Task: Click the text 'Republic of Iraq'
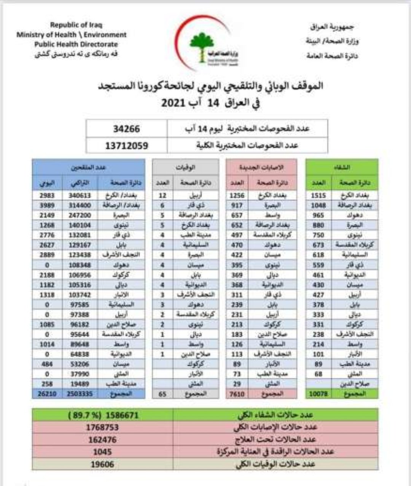click(x=76, y=25)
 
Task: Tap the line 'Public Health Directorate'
click(x=76, y=44)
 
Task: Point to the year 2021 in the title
click(x=174, y=103)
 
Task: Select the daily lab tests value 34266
click(x=126, y=129)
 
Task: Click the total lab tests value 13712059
click(x=126, y=146)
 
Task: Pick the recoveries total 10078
click(x=319, y=394)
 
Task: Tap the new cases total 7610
click(x=237, y=394)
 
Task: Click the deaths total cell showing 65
click(x=162, y=394)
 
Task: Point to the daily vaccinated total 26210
click(x=47, y=394)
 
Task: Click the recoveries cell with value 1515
click(x=319, y=195)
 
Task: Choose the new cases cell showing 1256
click(x=237, y=195)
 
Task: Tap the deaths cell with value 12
click(x=162, y=195)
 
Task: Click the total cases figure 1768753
click(x=102, y=427)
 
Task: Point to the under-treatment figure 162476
click(x=102, y=439)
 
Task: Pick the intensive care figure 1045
click(x=102, y=452)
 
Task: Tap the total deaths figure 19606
click(x=102, y=464)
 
